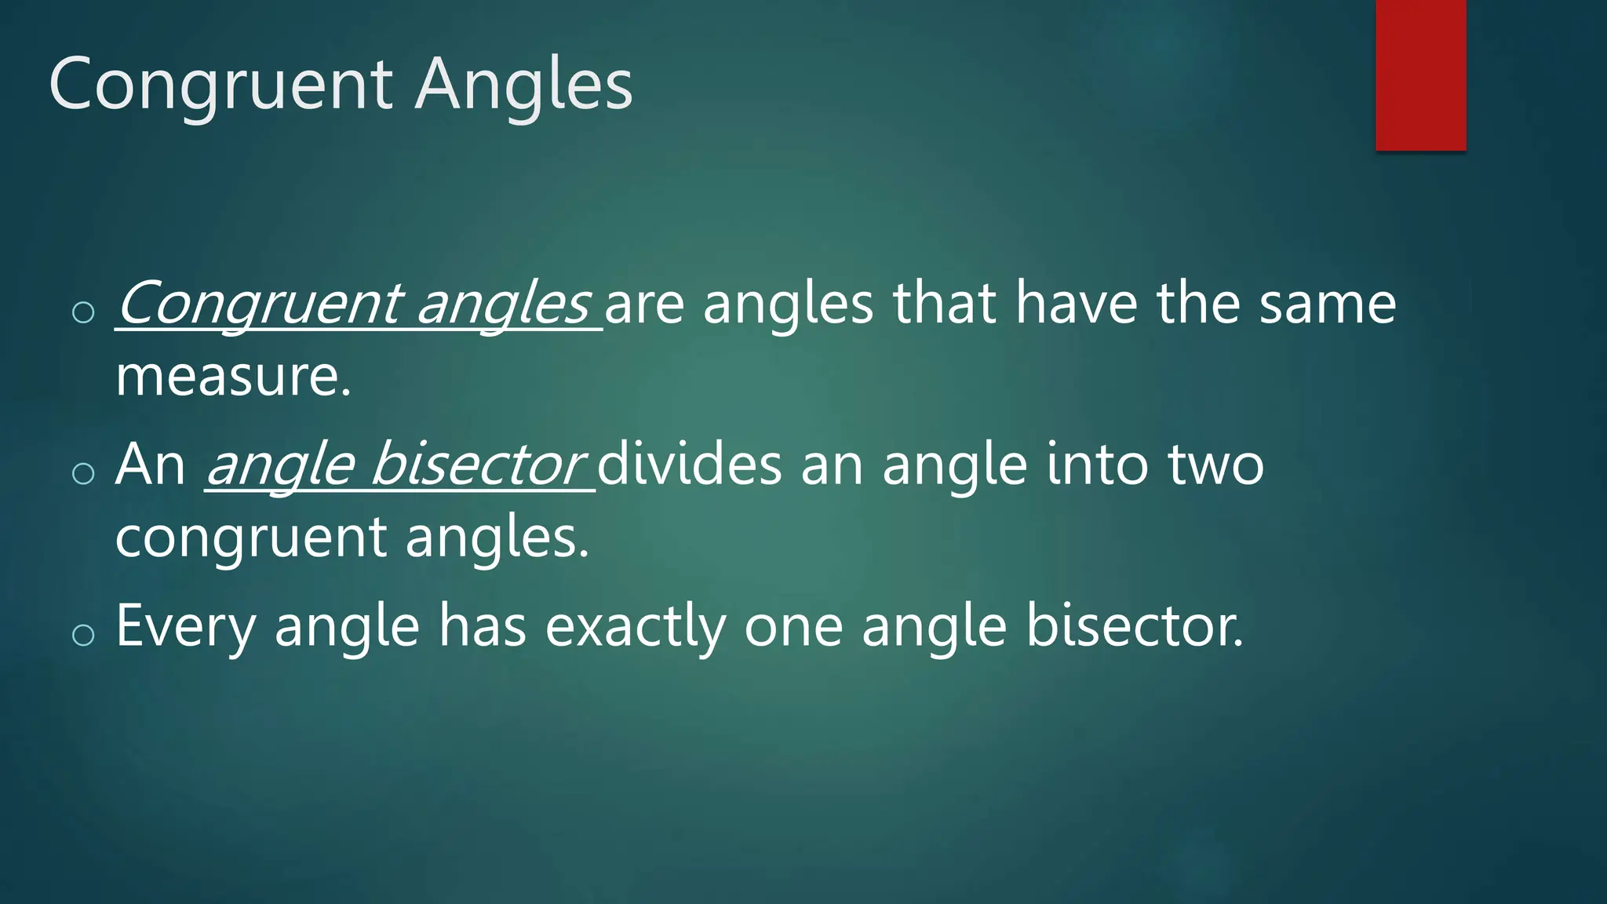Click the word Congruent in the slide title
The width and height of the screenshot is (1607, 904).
(x=220, y=84)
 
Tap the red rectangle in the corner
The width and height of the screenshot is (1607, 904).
(x=1420, y=75)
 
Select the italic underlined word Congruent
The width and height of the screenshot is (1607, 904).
(x=260, y=304)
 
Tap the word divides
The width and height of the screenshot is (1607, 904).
(x=690, y=465)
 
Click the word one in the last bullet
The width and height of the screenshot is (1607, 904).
(x=793, y=626)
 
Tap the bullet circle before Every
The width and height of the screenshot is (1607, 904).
(x=83, y=634)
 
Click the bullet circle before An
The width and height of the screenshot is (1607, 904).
(x=83, y=472)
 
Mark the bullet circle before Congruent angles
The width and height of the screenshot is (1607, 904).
(x=83, y=312)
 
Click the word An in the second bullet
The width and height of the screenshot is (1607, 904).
(x=150, y=465)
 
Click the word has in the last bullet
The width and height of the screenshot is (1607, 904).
(x=482, y=626)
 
